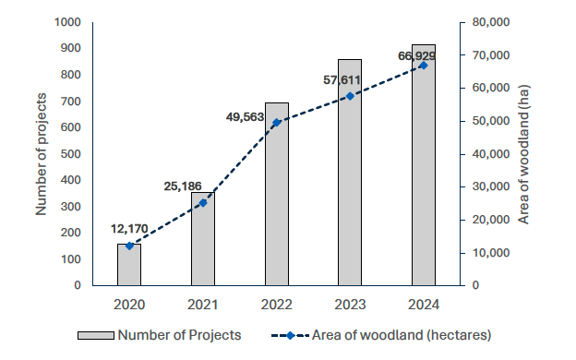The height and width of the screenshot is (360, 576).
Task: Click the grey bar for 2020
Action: (x=129, y=264)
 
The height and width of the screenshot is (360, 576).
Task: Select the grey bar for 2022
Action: (x=276, y=194)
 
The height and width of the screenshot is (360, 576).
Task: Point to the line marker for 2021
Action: (x=203, y=202)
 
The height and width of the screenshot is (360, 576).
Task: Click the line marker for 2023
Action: (x=350, y=96)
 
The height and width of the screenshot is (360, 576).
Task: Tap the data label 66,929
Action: (x=416, y=56)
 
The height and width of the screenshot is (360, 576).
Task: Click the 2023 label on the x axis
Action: (x=350, y=304)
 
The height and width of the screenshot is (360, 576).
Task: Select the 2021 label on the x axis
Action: (x=203, y=304)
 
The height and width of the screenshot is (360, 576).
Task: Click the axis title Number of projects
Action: (x=42, y=154)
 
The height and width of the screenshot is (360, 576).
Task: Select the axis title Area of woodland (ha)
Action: (x=524, y=154)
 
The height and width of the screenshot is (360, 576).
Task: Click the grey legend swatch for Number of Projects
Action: (x=93, y=335)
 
